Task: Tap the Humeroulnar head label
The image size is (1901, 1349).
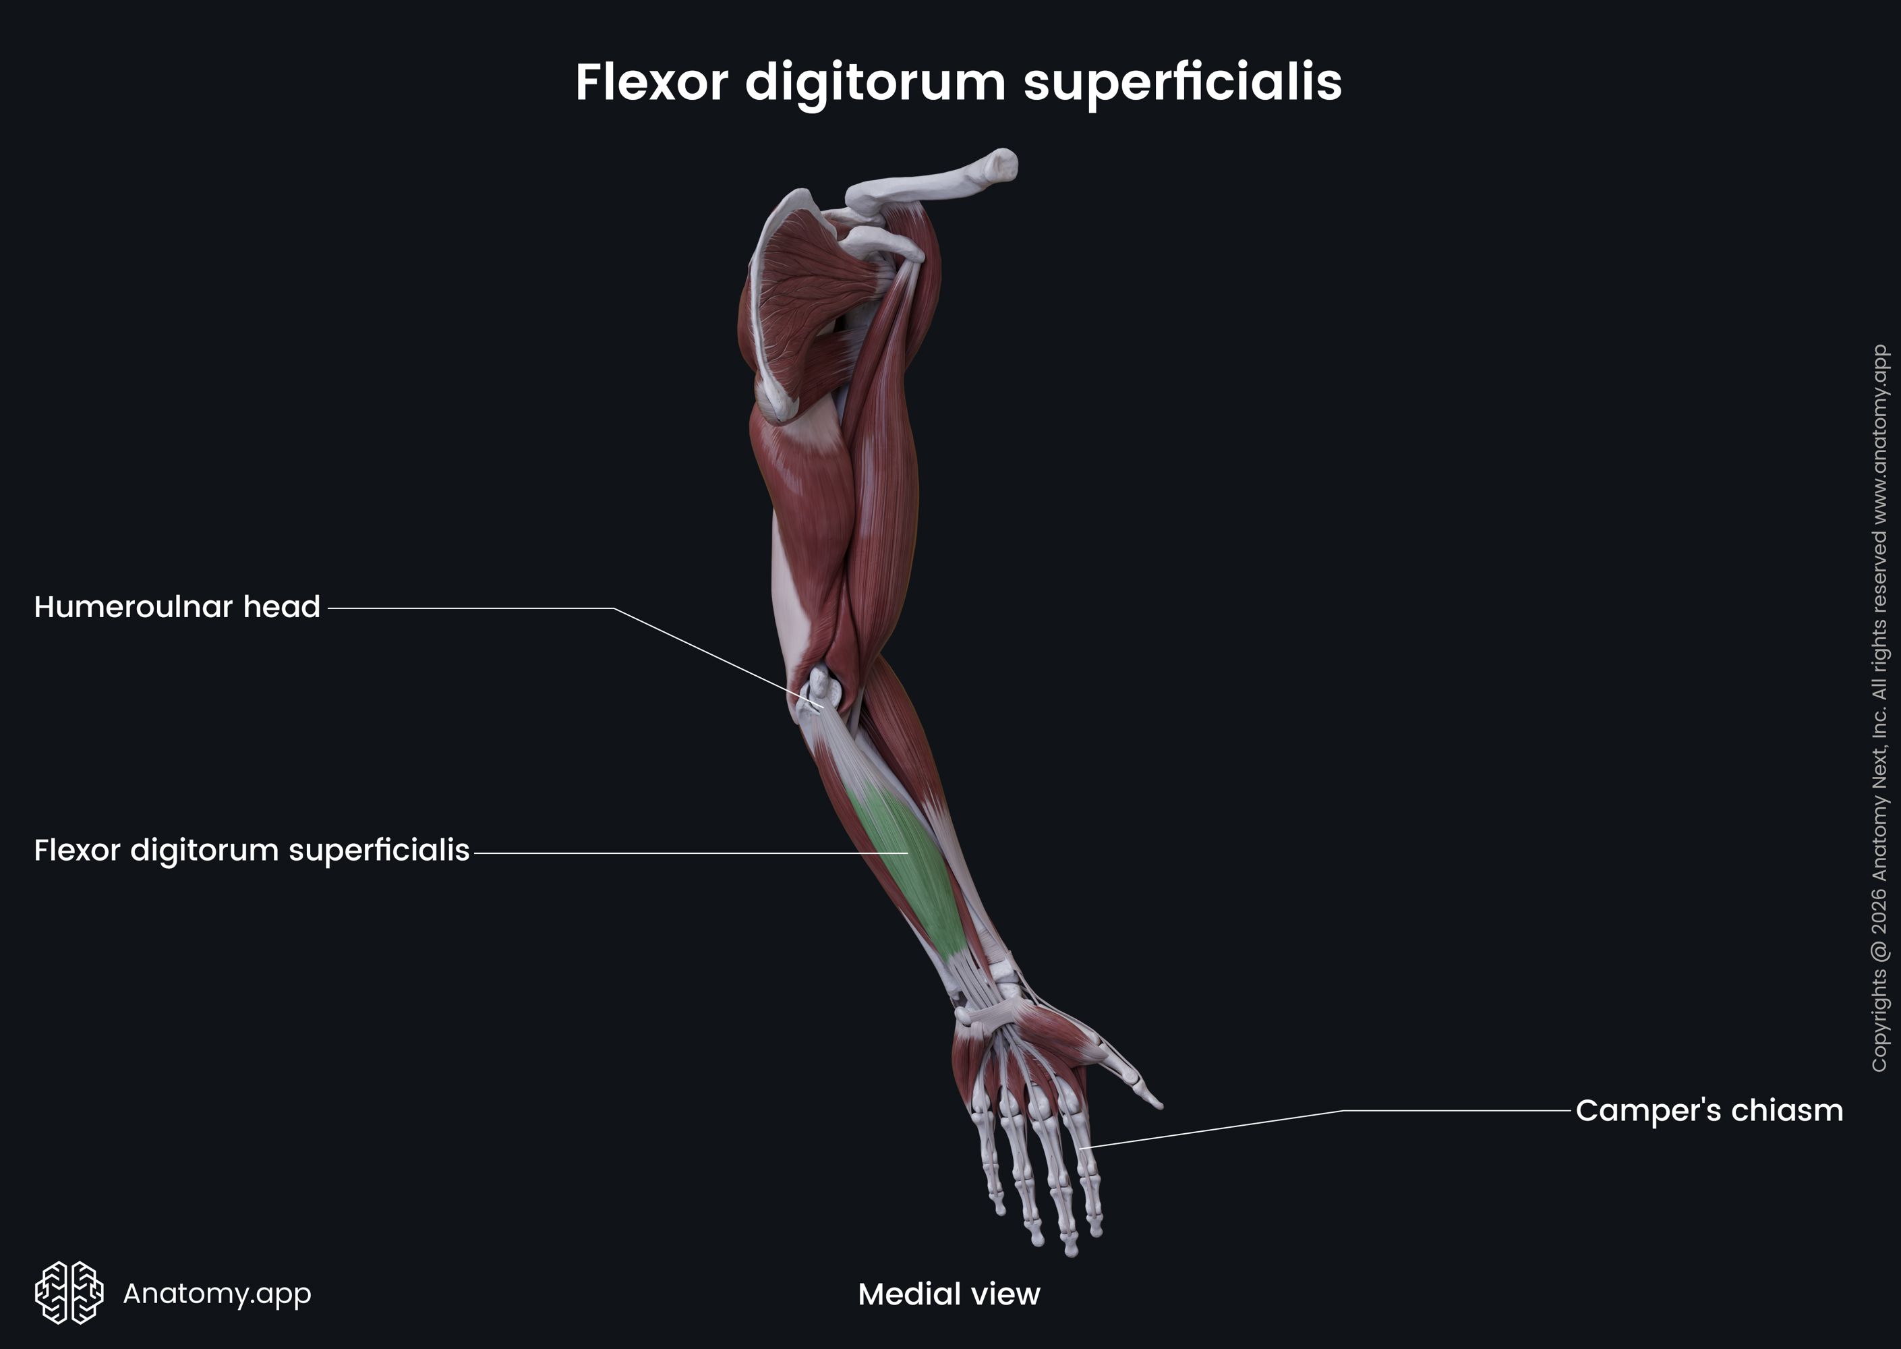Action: pyautogui.click(x=177, y=607)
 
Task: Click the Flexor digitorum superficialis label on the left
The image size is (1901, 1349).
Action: pyautogui.click(x=252, y=851)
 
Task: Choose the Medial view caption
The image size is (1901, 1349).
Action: pyautogui.click(x=948, y=1294)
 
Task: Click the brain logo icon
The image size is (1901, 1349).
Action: pyautogui.click(x=69, y=1292)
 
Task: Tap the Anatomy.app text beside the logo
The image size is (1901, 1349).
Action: pyautogui.click(x=216, y=1293)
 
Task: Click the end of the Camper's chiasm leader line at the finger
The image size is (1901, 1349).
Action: pyautogui.click(x=1083, y=1148)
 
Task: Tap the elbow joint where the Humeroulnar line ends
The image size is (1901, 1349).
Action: pyautogui.click(x=821, y=706)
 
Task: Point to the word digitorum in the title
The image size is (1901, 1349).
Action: pyautogui.click(x=874, y=82)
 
